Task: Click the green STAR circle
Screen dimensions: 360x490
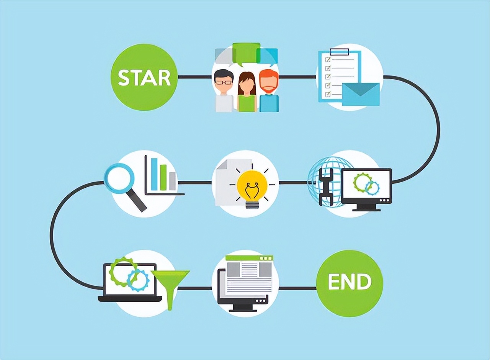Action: (x=144, y=77)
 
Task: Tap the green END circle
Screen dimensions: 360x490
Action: (x=350, y=282)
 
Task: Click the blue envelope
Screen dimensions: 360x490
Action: (x=360, y=94)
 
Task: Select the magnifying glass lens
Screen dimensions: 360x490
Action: (x=119, y=178)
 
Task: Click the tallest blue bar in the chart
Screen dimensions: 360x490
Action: (x=154, y=174)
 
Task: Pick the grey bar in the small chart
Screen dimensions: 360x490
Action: (x=172, y=181)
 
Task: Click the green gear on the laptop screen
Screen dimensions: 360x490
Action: (x=121, y=271)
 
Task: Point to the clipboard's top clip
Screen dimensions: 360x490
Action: (x=339, y=52)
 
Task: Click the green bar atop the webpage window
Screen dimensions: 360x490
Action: (x=249, y=258)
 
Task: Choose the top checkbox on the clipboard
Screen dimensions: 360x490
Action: (x=328, y=60)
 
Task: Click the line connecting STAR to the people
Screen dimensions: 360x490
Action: (x=194, y=77)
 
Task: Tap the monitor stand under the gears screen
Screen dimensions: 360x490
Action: (x=366, y=207)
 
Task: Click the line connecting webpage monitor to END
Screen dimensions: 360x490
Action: (x=297, y=288)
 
